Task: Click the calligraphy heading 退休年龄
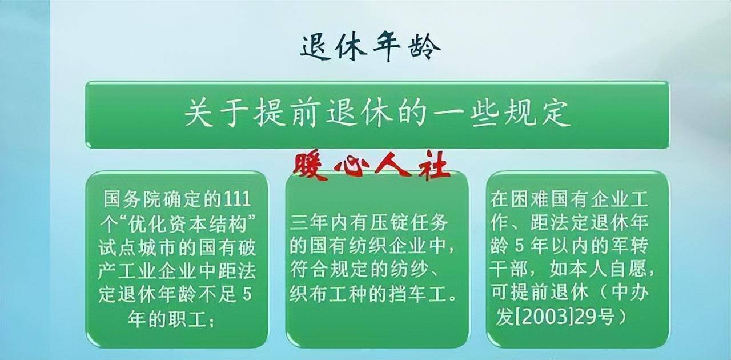(371, 47)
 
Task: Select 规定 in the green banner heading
(537, 114)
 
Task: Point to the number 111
(237, 199)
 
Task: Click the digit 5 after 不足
(247, 294)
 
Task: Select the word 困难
(530, 199)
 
